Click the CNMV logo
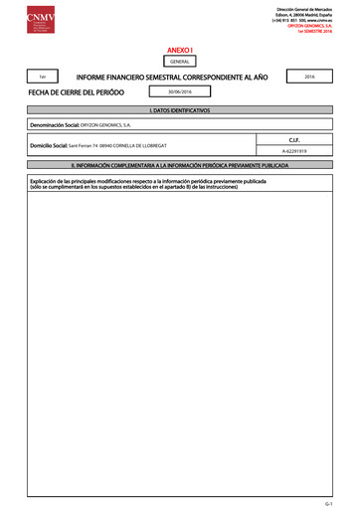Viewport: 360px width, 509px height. [x=29, y=18]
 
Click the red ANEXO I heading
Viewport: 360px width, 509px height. [x=179, y=48]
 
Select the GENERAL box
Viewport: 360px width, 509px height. [x=180, y=61]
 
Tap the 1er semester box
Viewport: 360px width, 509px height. [x=41, y=77]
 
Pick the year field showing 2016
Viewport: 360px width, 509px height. [x=308, y=76]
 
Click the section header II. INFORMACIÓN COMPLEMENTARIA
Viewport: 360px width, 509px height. [x=179, y=164]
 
